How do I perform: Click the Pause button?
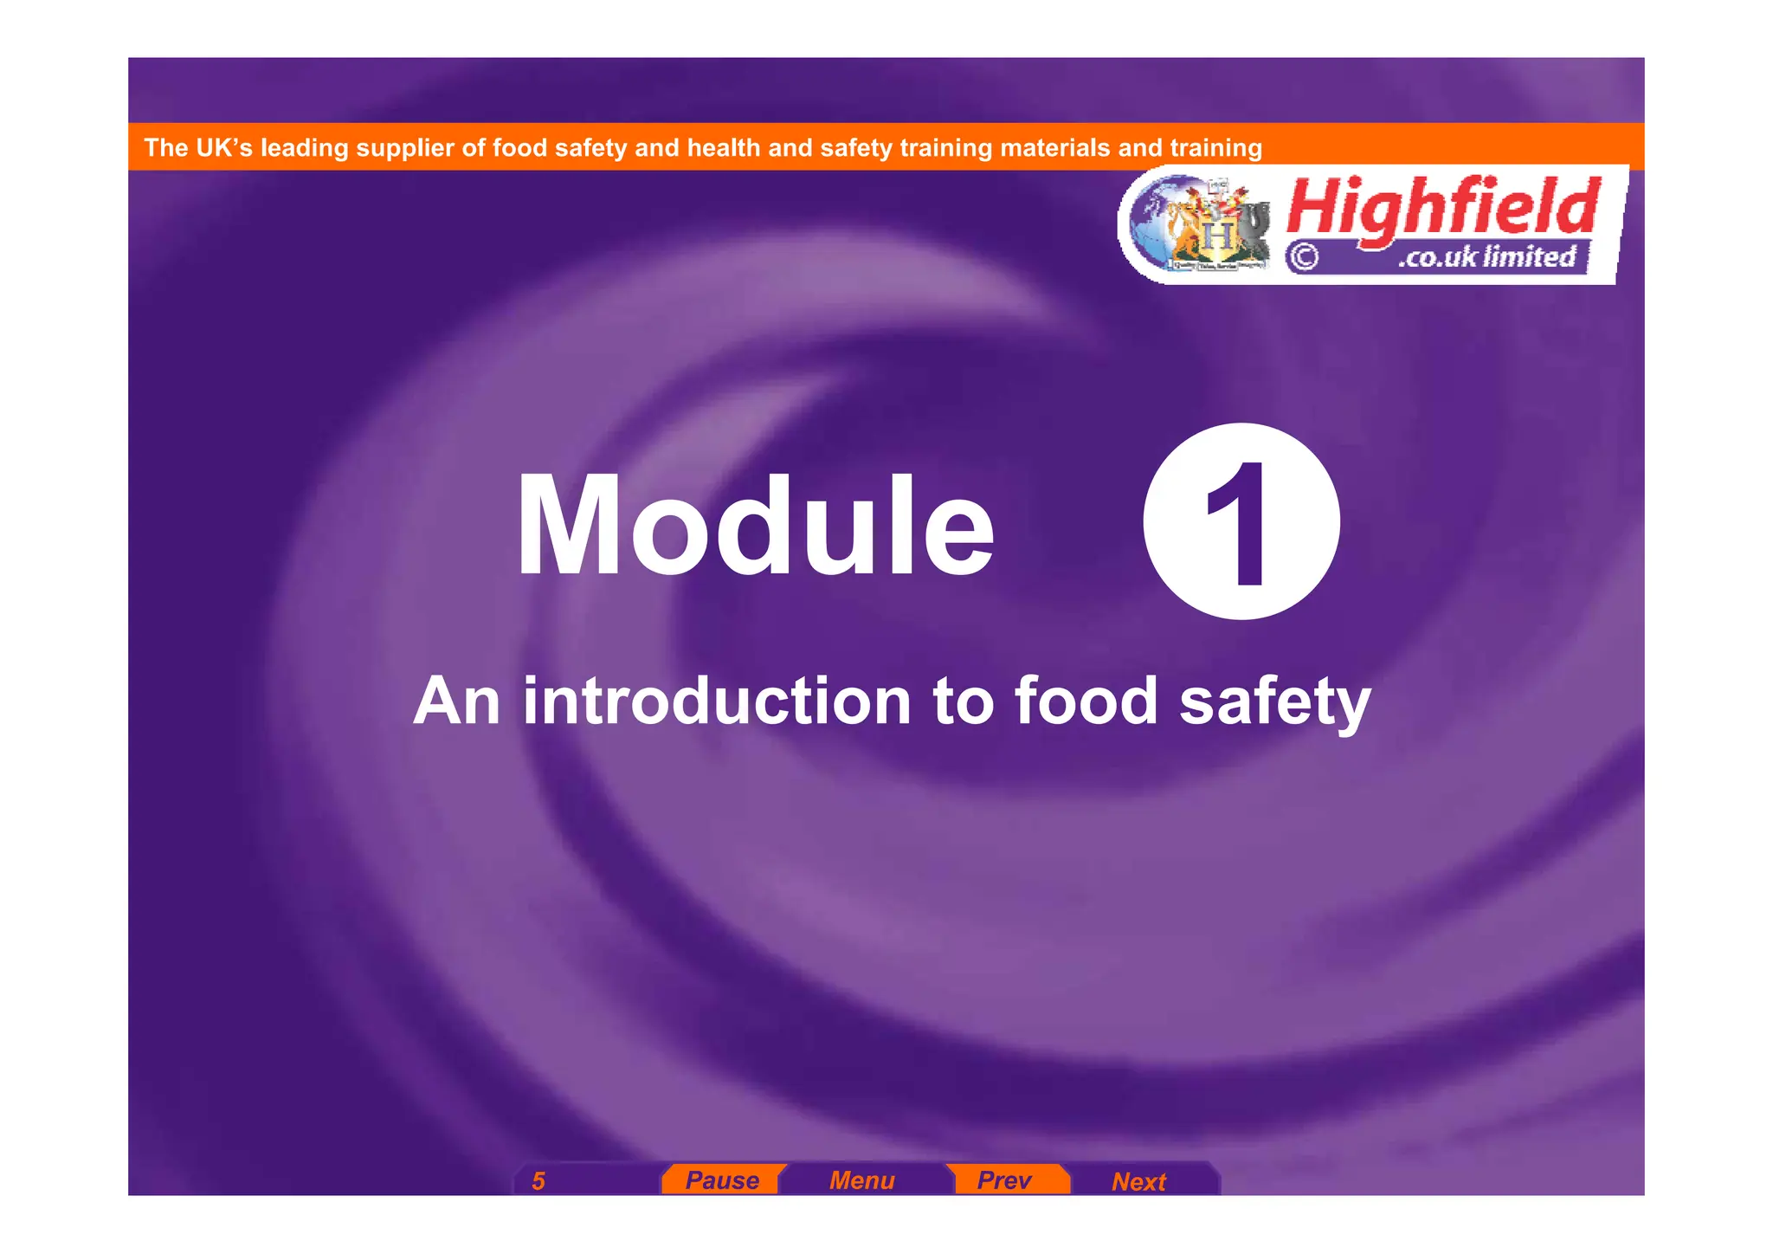click(x=722, y=1180)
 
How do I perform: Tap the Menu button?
click(x=861, y=1180)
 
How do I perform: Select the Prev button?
click(x=1004, y=1180)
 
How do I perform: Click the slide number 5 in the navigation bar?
click(x=538, y=1181)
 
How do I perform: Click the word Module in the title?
click(x=755, y=527)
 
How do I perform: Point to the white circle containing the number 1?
click(x=1241, y=521)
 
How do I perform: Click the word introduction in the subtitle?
click(x=717, y=701)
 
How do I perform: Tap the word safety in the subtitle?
click(x=1275, y=702)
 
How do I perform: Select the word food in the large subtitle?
click(x=1086, y=701)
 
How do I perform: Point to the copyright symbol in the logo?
click(x=1304, y=257)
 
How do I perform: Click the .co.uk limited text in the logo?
click(x=1486, y=257)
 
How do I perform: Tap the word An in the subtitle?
click(x=456, y=701)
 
